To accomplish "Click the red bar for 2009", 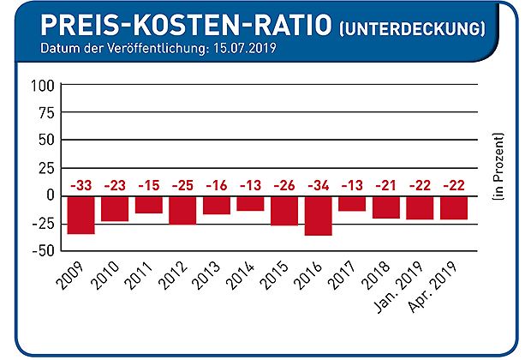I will point(81,214).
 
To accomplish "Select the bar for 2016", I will point(318,215).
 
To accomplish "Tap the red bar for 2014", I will point(250,203).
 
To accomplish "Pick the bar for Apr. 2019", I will point(454,207).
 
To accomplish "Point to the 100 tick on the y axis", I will point(42,86).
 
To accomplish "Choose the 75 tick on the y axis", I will point(45,112).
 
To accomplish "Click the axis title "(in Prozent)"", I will point(498,167).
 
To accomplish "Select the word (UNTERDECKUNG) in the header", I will point(413,27).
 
